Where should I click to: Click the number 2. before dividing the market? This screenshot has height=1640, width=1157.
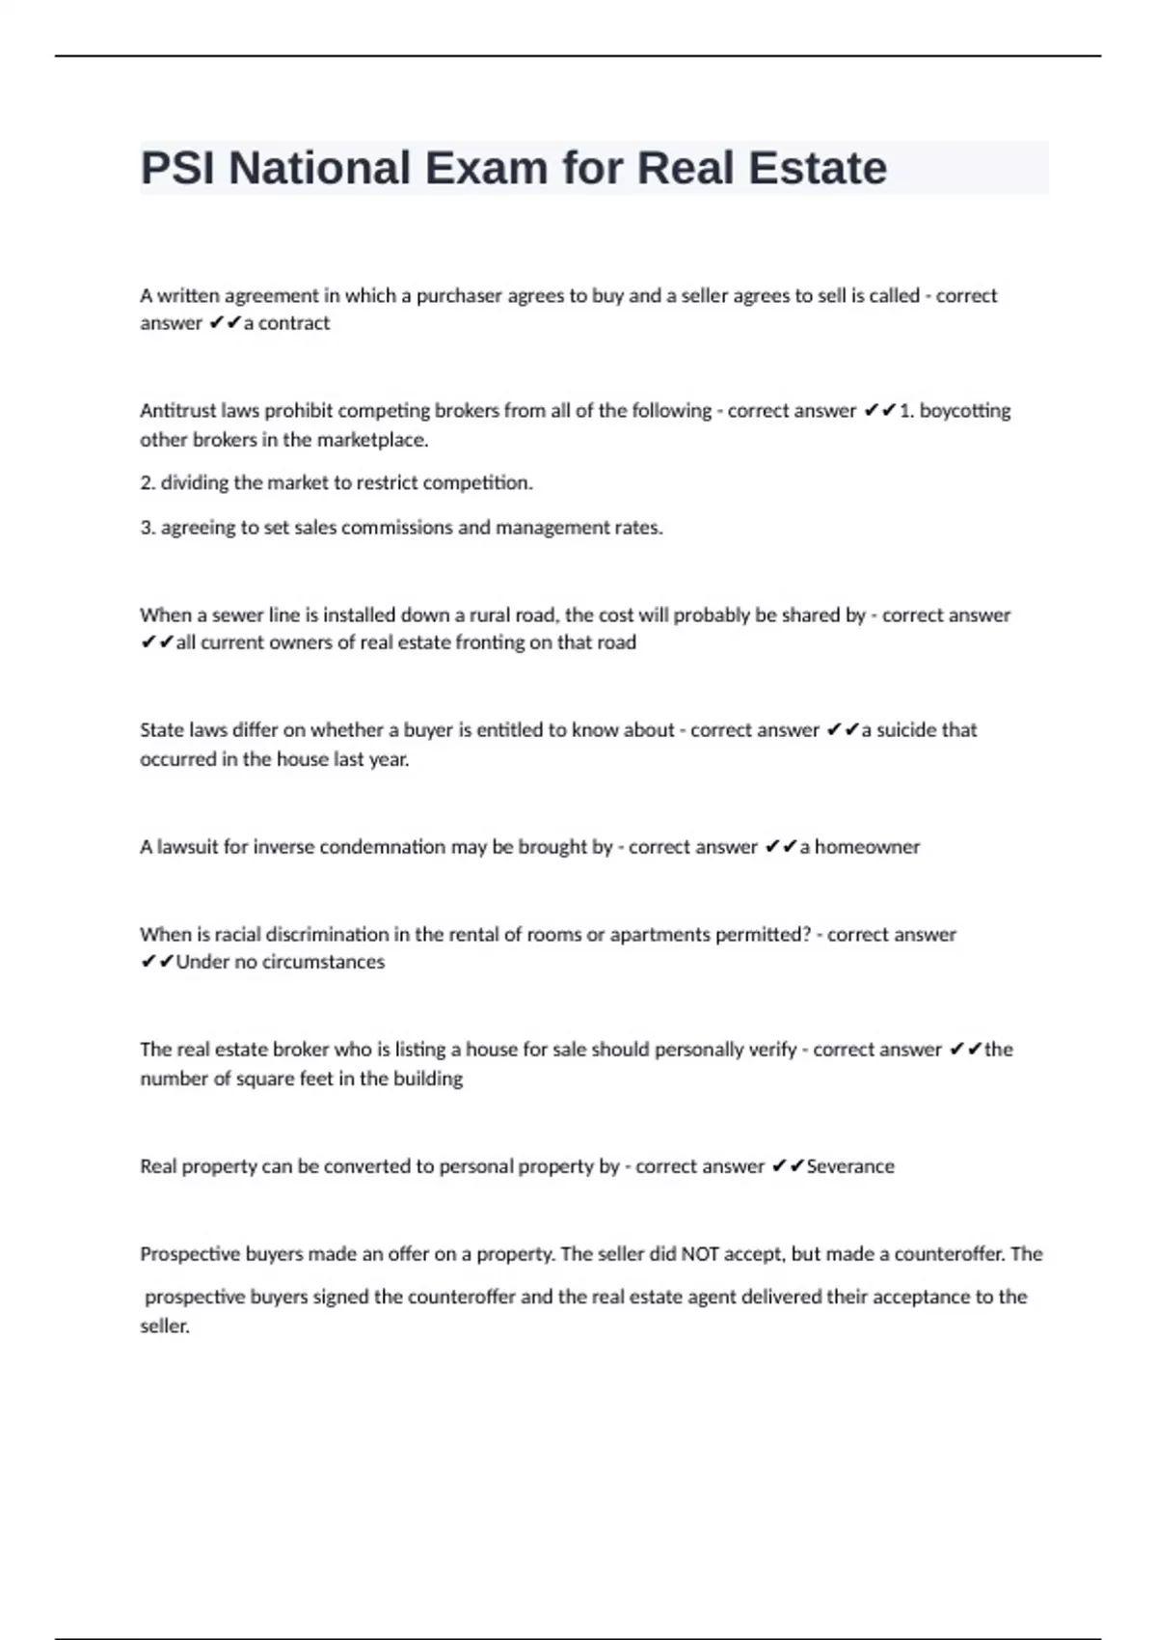click(x=148, y=482)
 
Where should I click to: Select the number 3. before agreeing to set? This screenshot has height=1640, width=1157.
click(x=148, y=528)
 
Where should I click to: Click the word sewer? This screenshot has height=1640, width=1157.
click(x=235, y=615)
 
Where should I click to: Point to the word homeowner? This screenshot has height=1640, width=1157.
click(x=867, y=847)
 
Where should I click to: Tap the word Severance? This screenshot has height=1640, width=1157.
click(x=850, y=1166)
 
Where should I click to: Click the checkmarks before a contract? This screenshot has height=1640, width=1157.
click(x=225, y=323)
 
